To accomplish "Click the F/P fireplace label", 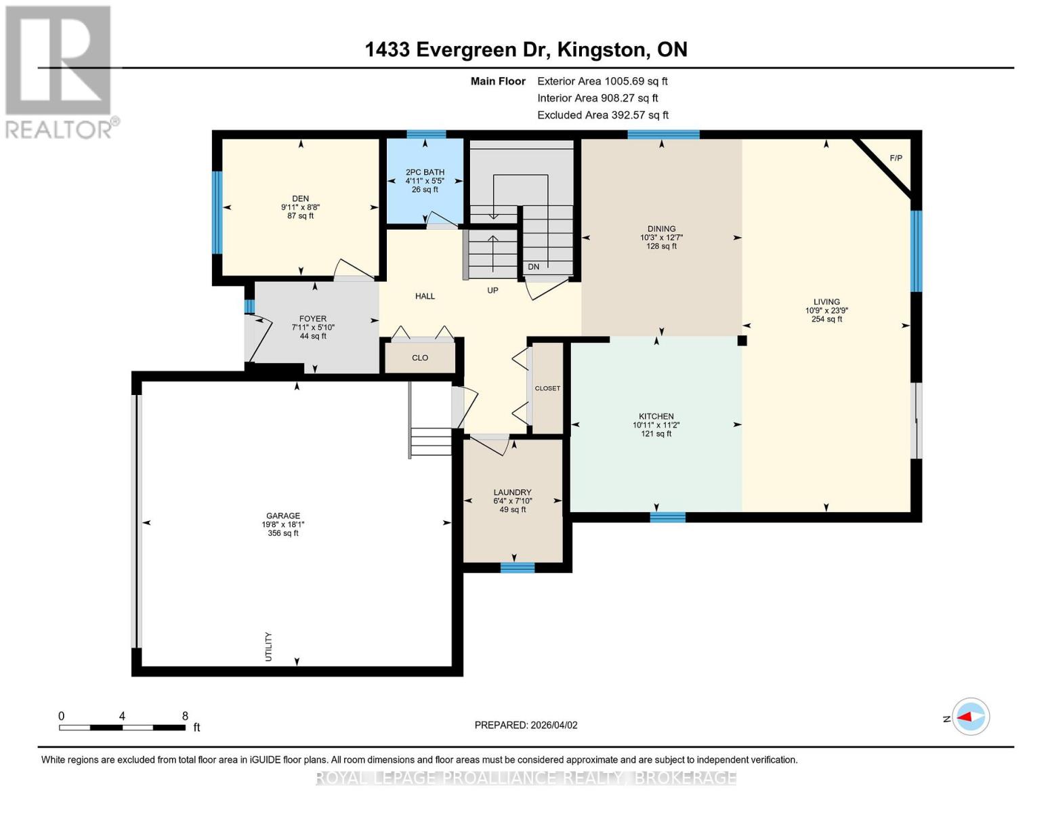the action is [896, 158].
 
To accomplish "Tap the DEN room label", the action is [300, 199].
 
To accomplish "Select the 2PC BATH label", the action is [425, 172].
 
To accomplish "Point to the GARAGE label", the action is [283, 516].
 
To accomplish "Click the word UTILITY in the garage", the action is [269, 646].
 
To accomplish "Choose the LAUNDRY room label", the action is [512, 492].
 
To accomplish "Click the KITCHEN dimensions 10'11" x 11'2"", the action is [656, 425].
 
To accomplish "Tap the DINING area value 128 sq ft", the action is [661, 246].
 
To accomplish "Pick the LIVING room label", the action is [826, 301].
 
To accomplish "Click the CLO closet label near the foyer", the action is [420, 358].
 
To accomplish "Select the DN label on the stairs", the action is [533, 267].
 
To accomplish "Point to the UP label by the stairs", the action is [492, 291].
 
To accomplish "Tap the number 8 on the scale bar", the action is [185, 716].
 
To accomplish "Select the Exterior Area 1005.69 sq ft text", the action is [602, 81].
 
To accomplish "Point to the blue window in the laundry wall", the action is [517, 568].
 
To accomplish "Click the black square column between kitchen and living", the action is [742, 341].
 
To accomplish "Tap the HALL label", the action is [425, 296].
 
